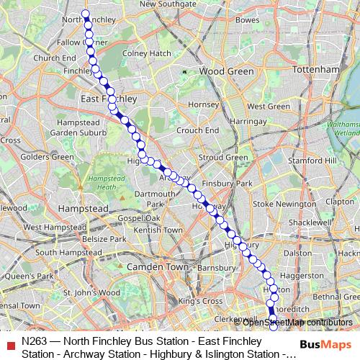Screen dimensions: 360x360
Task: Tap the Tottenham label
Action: [316, 68]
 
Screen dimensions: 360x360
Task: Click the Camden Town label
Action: [156, 266]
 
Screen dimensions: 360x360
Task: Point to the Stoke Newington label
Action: [284, 204]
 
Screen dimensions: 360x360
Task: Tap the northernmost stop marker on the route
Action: [85, 14]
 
